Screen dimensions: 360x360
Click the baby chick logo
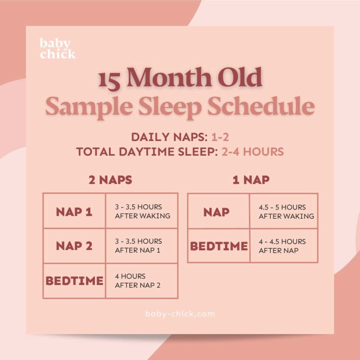pyautogui.click(x=57, y=49)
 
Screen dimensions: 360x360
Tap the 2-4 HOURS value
pyautogui.click(x=252, y=152)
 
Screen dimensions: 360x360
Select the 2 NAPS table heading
pyautogui.click(x=110, y=180)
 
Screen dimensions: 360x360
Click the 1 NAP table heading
pyautogui.click(x=251, y=180)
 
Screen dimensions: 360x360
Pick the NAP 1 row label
pyautogui.click(x=74, y=212)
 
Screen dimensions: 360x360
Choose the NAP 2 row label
pyautogui.click(x=74, y=246)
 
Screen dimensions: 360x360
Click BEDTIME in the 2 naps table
pyautogui.click(x=75, y=281)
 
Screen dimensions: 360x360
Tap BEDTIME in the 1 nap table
pyautogui.click(x=219, y=246)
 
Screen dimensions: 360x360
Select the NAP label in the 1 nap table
pyautogui.click(x=217, y=212)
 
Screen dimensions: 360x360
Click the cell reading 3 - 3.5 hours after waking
pyautogui.click(x=142, y=211)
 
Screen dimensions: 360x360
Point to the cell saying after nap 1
pyautogui.click(x=139, y=245)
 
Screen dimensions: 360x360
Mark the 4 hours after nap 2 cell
pyautogui.click(x=137, y=281)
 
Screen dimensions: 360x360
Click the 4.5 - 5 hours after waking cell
pyautogui.click(x=286, y=212)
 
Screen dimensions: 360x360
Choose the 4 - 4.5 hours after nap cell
pyautogui.click(x=282, y=246)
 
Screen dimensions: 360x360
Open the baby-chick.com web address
pyautogui.click(x=180, y=314)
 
